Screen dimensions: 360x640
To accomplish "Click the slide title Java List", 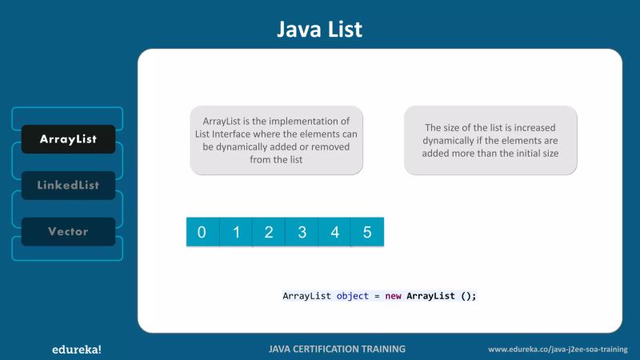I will pyautogui.click(x=319, y=30).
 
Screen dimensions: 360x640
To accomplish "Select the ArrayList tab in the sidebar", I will pyautogui.click(x=68, y=139).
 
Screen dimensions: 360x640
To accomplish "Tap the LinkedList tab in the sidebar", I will pyautogui.click(x=68, y=185).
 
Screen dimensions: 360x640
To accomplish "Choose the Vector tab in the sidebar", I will pyautogui.click(x=68, y=231).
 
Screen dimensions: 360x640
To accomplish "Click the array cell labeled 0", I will pyautogui.click(x=202, y=232).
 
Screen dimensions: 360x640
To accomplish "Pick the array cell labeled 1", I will pyautogui.click(x=236, y=232).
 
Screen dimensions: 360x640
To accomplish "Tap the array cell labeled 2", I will pyautogui.click(x=269, y=232).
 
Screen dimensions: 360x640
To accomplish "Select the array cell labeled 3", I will pyautogui.click(x=302, y=232).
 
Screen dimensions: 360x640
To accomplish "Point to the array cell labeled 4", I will pyautogui.click(x=334, y=232).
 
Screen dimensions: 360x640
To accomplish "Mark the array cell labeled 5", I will pyautogui.click(x=367, y=232).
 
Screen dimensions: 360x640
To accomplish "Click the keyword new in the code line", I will pyautogui.click(x=393, y=296).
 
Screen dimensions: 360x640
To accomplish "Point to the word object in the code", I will pyautogui.click(x=352, y=296).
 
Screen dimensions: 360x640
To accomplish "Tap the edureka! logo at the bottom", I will pyautogui.click(x=71, y=349).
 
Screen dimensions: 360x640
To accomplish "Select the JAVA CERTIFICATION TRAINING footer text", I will pyautogui.click(x=337, y=349).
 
